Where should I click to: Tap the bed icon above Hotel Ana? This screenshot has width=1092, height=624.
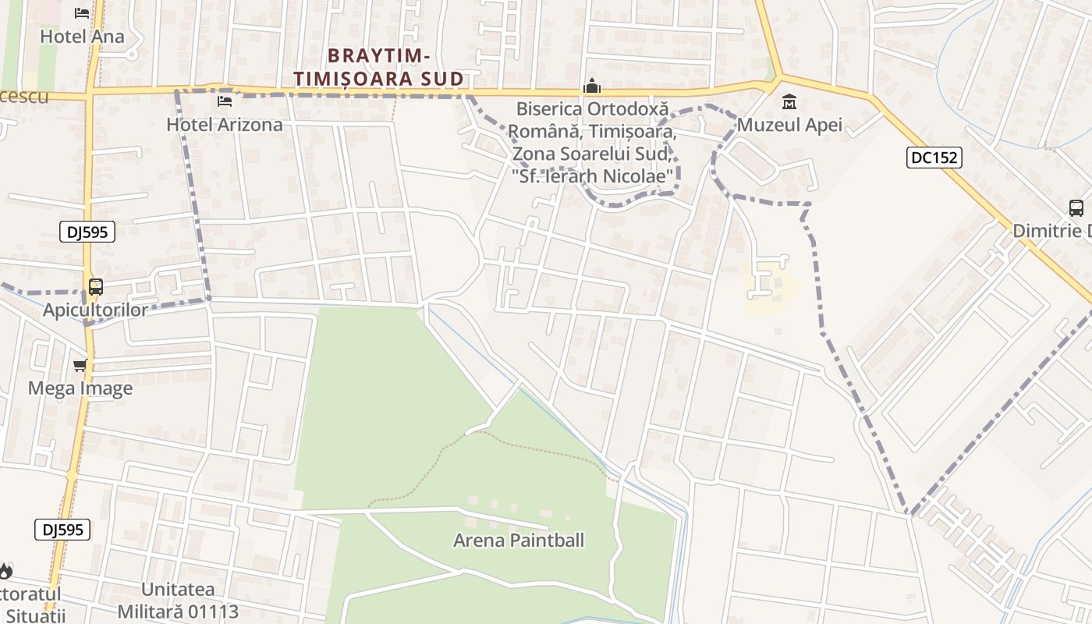pyautogui.click(x=82, y=13)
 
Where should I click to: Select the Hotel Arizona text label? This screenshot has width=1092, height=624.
pyautogui.click(x=225, y=124)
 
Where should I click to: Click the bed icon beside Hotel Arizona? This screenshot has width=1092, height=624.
pyautogui.click(x=225, y=101)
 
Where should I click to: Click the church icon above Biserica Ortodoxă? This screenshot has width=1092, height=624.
pyautogui.click(x=592, y=86)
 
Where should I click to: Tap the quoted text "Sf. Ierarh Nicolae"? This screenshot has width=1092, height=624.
pyautogui.click(x=594, y=177)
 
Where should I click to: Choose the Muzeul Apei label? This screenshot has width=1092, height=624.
pyautogui.click(x=789, y=124)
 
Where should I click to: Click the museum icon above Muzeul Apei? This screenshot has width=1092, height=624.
pyautogui.click(x=789, y=102)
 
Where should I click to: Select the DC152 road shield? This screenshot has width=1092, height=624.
pyautogui.click(x=934, y=158)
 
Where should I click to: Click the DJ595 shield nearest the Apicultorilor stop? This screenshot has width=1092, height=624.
pyautogui.click(x=87, y=231)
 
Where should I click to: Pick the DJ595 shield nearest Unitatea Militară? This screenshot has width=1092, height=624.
pyautogui.click(x=62, y=530)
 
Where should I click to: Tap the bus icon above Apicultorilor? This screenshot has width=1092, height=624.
pyautogui.click(x=96, y=287)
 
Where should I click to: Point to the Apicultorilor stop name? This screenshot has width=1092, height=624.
pyautogui.click(x=95, y=310)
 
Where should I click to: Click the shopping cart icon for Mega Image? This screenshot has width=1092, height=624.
pyautogui.click(x=80, y=365)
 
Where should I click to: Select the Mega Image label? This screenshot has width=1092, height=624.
pyautogui.click(x=80, y=388)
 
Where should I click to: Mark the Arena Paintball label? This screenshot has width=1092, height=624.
pyautogui.click(x=519, y=540)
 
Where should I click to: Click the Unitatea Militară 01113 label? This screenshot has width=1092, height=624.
pyautogui.click(x=178, y=600)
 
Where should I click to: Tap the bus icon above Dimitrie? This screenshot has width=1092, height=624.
pyautogui.click(x=1076, y=208)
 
